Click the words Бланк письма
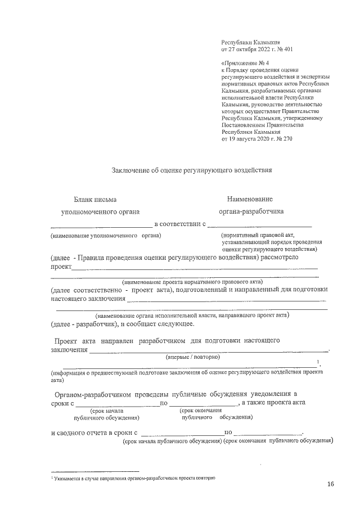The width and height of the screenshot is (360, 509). pyautogui.click(x=96, y=199)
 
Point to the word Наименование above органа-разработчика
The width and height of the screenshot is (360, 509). pyautogui.click(x=250, y=199)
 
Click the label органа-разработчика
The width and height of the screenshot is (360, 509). pyautogui.click(x=251, y=211)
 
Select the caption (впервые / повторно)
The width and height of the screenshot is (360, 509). pyautogui.click(x=192, y=357)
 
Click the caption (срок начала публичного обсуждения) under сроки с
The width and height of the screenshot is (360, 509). pyautogui.click(x=106, y=415)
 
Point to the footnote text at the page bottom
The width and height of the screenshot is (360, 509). pyautogui.click(x=133, y=477)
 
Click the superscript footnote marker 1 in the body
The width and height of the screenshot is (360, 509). pyautogui.click(x=318, y=362)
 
